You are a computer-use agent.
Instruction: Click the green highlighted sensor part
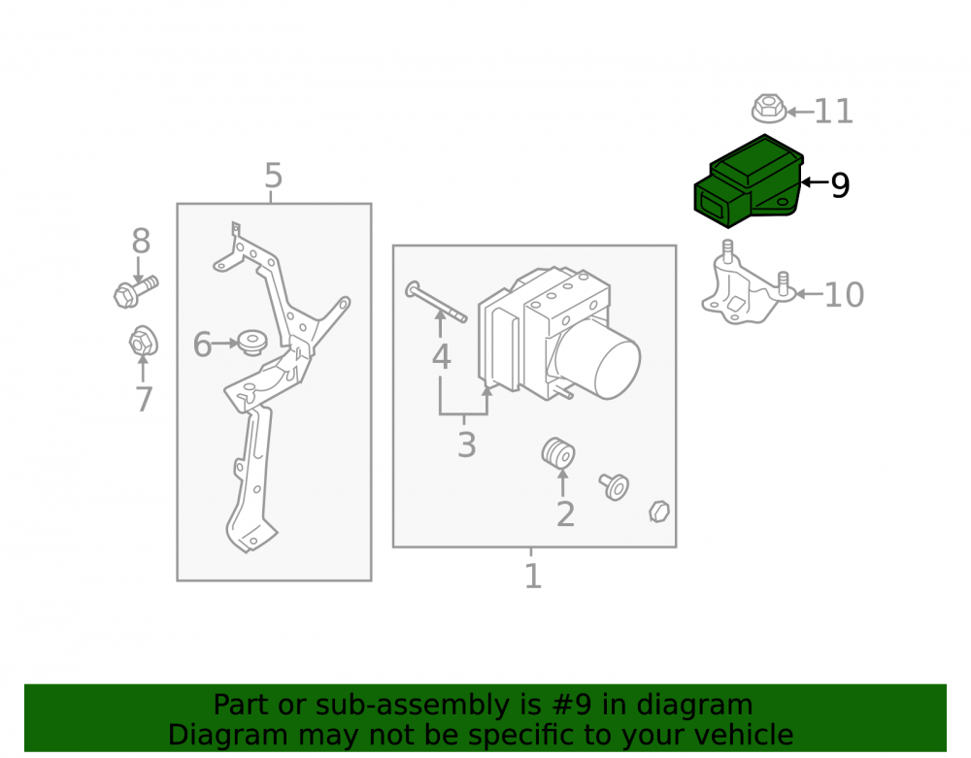click(748, 181)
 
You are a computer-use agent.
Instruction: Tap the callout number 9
click(840, 185)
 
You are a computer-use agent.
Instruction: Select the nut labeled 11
click(769, 109)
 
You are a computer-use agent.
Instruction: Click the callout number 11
click(833, 112)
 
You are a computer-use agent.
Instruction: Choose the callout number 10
click(844, 294)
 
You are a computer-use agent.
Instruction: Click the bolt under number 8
click(136, 292)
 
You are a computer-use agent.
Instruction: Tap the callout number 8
click(141, 241)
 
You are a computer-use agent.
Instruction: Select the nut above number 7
click(144, 341)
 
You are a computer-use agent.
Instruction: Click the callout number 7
click(144, 399)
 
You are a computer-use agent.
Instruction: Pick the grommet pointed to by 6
click(252, 343)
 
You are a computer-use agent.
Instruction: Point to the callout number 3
click(466, 445)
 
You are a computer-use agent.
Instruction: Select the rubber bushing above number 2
click(558, 453)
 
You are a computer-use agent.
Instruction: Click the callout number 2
click(565, 514)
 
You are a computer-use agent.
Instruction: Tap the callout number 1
click(532, 577)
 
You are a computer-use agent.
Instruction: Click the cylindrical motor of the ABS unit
click(599, 359)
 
